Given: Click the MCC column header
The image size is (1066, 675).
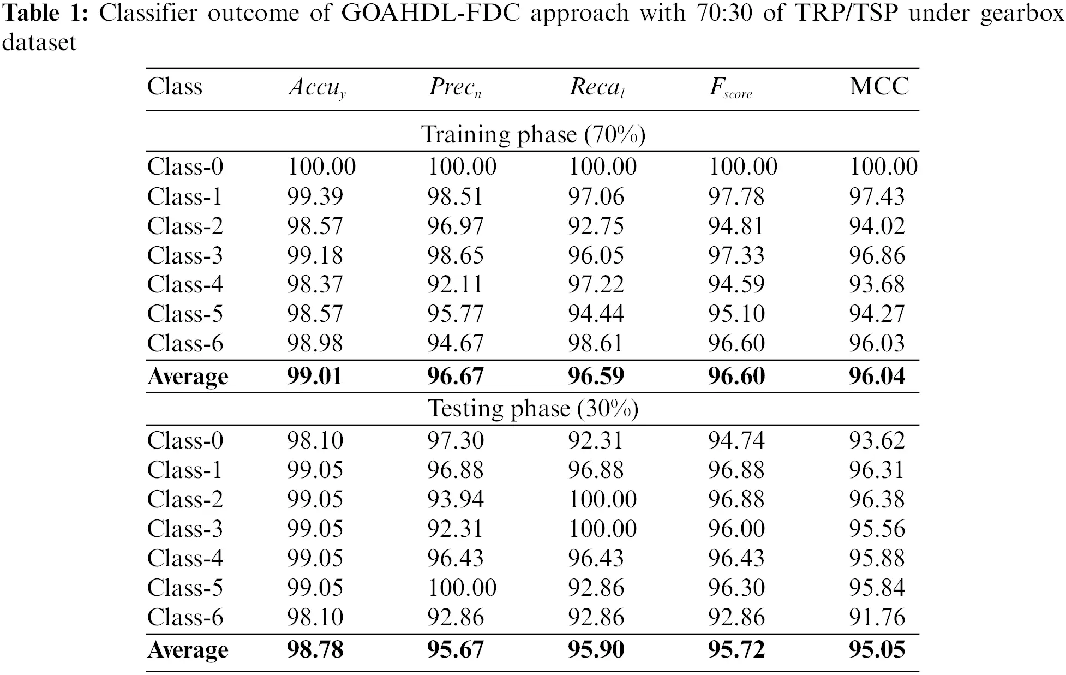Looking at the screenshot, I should click(x=879, y=87).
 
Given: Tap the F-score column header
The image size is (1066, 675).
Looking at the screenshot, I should click(x=730, y=88).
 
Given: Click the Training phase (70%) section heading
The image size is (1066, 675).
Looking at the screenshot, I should click(x=533, y=134).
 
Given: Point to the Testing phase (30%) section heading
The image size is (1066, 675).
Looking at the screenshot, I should click(x=533, y=409).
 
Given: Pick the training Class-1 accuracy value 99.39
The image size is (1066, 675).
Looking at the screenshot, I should click(x=315, y=196).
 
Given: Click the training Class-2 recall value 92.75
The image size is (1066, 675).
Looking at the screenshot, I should click(x=596, y=226).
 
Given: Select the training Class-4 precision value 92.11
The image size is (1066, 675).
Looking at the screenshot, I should click(x=455, y=284).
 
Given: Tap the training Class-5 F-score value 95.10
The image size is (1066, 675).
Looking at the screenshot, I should click(x=736, y=314).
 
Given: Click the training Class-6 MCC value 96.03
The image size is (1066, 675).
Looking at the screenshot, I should click(x=877, y=343).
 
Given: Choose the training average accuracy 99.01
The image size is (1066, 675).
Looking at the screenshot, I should click(x=315, y=377).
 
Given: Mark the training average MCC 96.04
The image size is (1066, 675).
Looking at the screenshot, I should click(x=877, y=377).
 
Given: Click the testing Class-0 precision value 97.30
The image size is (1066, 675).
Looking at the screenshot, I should click(x=455, y=440).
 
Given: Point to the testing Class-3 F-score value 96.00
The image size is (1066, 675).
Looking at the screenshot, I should click(x=736, y=529).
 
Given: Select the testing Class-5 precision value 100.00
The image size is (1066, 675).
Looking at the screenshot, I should click(x=462, y=588).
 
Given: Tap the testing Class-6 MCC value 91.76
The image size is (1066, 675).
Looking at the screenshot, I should click(x=877, y=617).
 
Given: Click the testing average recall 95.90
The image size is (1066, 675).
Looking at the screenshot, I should click(x=596, y=649).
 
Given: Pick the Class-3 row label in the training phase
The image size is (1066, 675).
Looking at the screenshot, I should click(x=185, y=255).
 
